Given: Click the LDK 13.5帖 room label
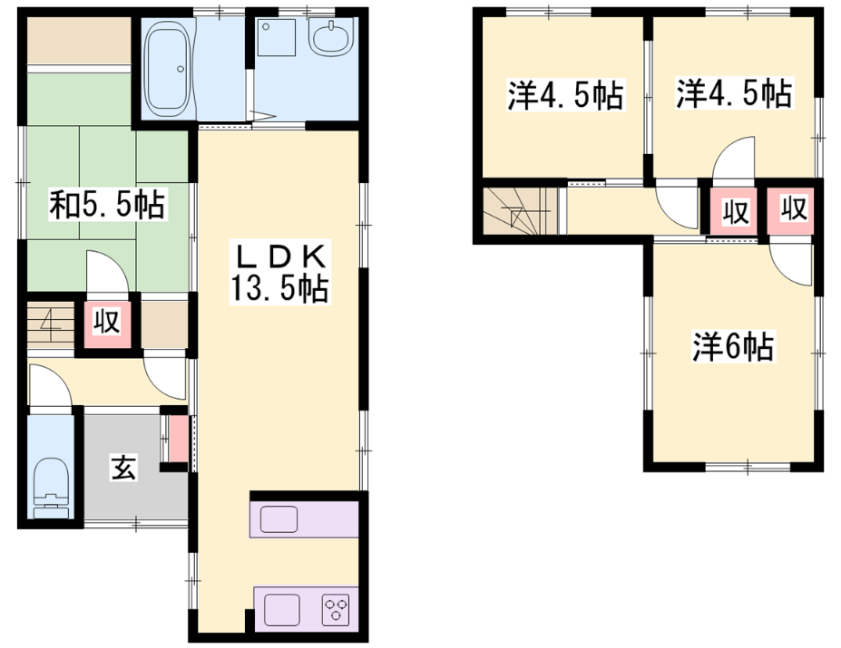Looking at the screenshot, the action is tap(279, 274).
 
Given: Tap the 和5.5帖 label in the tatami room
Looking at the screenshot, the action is tap(107, 204).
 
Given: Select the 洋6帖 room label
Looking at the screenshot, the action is tap(733, 346).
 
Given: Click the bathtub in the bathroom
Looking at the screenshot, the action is tap(169, 69).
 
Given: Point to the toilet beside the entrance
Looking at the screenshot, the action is tap(52, 488).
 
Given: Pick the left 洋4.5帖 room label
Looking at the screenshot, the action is tap(565, 95).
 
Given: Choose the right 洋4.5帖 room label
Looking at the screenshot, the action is tap(734, 93).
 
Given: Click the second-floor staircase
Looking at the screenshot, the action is tap(520, 210).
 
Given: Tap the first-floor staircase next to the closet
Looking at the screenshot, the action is tap(51, 324).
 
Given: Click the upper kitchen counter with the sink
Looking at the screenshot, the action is tap(304, 518).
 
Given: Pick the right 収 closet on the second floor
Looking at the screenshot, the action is tap(790, 210).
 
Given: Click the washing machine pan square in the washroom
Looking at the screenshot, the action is tap(276, 37).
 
